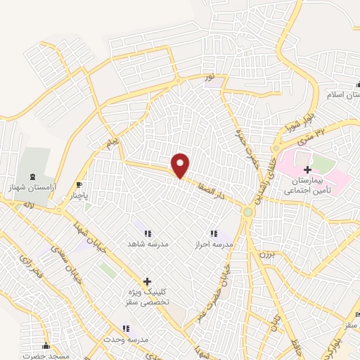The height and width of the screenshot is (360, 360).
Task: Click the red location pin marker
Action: (x=181, y=165)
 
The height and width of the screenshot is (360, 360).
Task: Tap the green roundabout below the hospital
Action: (x=247, y=212)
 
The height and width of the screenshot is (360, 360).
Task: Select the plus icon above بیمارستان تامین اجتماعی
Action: (x=307, y=169)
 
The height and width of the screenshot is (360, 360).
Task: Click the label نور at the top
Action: (x=207, y=76)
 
